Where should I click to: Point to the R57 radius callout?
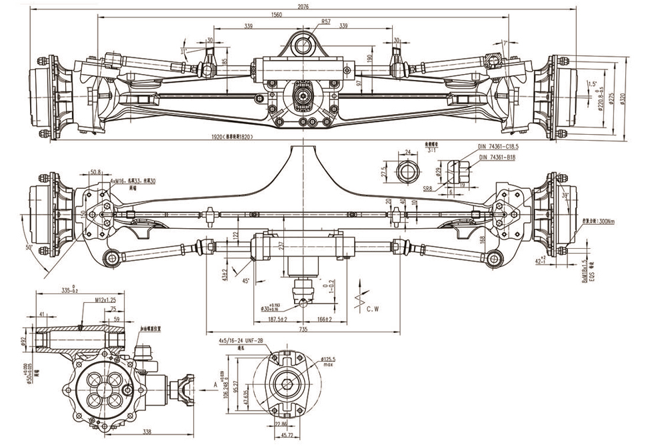point(326,22)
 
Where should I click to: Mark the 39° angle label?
point(567,195)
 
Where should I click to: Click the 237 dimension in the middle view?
point(282,246)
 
